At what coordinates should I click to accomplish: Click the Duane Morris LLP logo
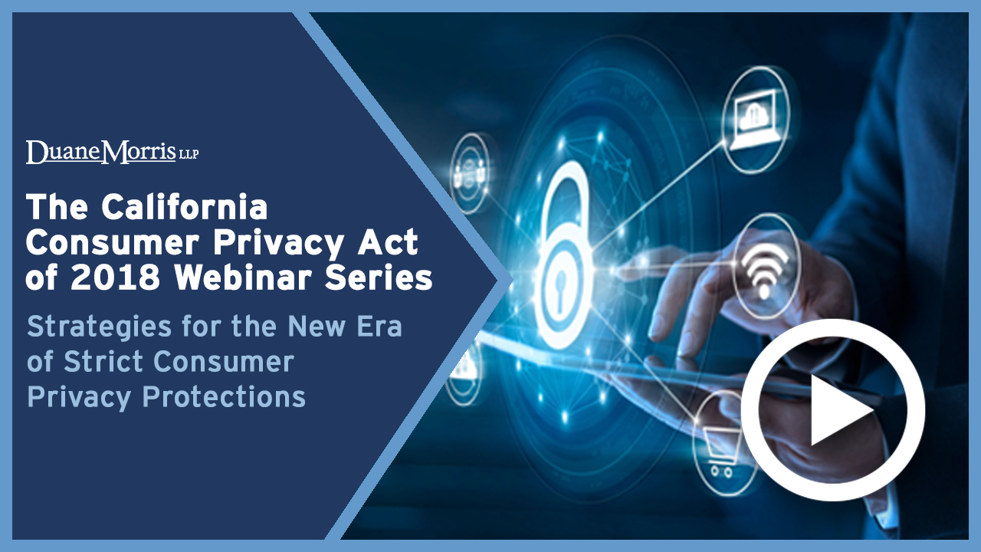coord(112,152)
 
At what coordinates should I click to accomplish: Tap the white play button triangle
coord(840,410)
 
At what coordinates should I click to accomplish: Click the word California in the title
coord(185,207)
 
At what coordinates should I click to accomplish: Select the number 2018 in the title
coord(115,278)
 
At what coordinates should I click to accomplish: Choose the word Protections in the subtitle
coord(224,396)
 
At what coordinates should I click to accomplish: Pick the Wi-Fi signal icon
coord(764,271)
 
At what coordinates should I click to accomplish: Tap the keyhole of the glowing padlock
coord(562,289)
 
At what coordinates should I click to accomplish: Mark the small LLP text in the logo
coord(189,154)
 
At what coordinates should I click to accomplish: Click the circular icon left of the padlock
coord(471,173)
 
